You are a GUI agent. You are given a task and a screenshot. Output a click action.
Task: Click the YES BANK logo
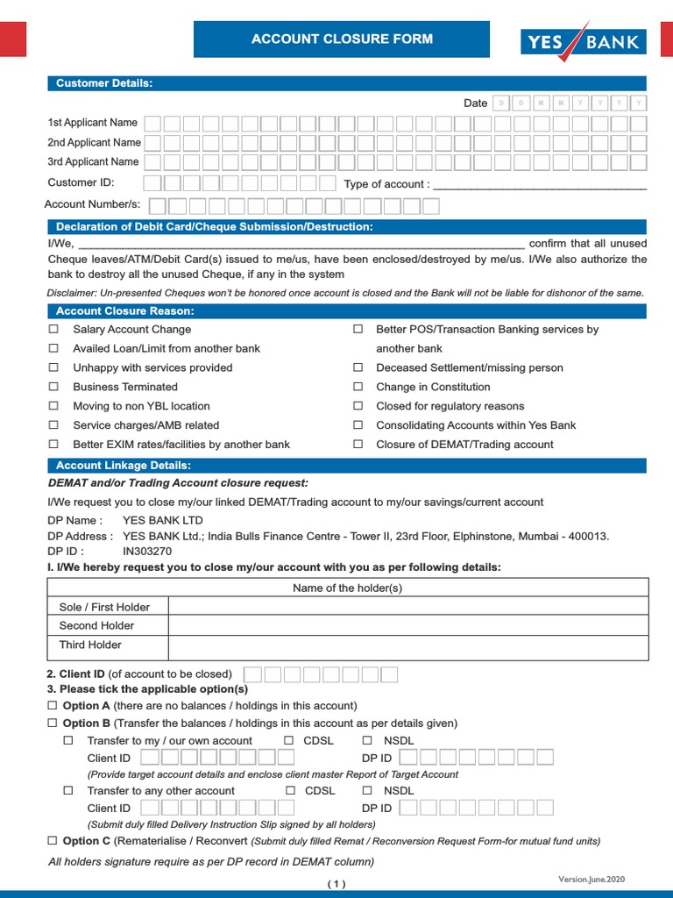pos(584,41)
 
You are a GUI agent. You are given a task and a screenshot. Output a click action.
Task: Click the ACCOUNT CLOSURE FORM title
pos(342,39)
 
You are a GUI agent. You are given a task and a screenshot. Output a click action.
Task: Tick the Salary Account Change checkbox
pos(53,330)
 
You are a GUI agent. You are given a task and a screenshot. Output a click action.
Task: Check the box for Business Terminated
pos(53,387)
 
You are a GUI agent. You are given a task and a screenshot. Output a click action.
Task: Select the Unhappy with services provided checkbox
pos(53,367)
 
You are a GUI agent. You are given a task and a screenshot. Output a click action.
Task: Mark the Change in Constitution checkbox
pos(358,387)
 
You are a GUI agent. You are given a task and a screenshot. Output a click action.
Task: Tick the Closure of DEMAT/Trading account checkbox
pos(358,445)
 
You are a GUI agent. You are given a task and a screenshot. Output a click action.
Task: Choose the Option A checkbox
pos(53,706)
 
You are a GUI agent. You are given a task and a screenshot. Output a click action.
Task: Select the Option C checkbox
pos(53,841)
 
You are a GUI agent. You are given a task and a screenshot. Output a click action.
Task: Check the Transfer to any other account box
pos(68,791)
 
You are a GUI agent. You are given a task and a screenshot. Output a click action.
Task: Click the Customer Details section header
pos(104,83)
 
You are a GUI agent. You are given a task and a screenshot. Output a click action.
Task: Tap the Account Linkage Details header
pos(124,466)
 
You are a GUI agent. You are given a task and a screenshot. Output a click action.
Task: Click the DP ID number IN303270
pos(147,552)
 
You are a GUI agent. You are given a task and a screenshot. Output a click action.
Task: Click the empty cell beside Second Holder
pos(407,626)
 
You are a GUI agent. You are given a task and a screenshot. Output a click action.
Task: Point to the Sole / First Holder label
pos(104,607)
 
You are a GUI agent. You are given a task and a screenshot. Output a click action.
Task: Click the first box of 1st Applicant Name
pos(152,124)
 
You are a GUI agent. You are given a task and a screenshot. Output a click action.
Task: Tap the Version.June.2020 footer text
pos(592,879)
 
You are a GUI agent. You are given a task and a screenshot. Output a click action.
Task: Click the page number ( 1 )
pos(337,884)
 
